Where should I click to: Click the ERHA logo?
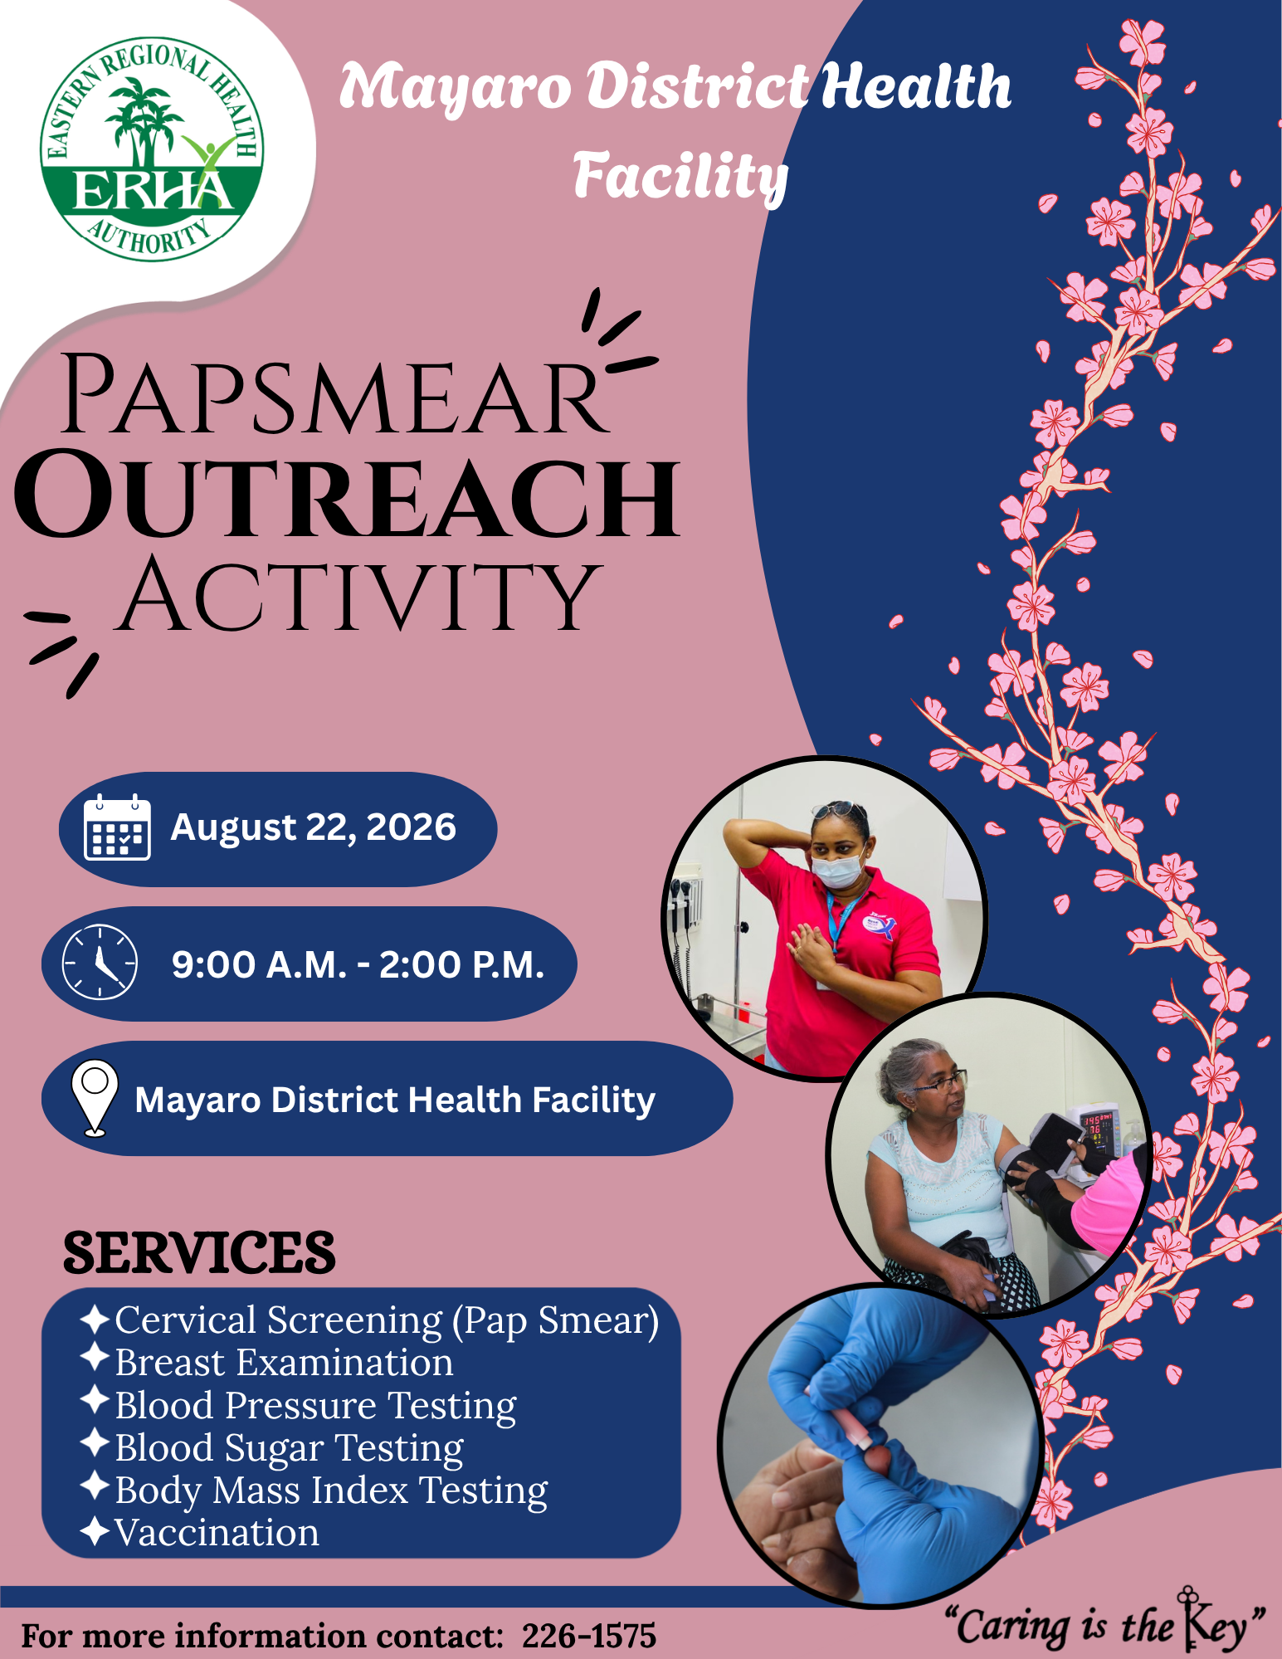(x=153, y=149)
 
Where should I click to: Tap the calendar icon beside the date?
(x=117, y=827)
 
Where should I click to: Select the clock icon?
(x=100, y=962)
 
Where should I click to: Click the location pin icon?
(x=95, y=1098)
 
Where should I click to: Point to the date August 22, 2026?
(x=313, y=827)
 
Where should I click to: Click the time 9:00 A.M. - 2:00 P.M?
(x=358, y=964)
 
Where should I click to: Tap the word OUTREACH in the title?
(x=347, y=496)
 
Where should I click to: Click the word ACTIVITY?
(x=358, y=594)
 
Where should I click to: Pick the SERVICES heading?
(x=199, y=1252)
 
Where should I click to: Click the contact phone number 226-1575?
(x=589, y=1636)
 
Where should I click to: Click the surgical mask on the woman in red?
(x=838, y=870)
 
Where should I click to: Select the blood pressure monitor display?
(x=1094, y=1130)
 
